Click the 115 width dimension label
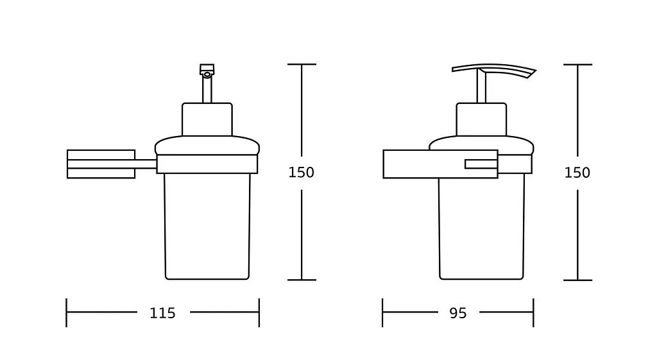[x=162, y=313]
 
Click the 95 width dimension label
[x=458, y=313]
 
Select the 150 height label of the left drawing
[x=302, y=172]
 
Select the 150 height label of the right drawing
[x=577, y=172]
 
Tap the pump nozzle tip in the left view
[x=207, y=70]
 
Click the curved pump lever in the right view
[x=494, y=69]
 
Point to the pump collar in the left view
[x=207, y=119]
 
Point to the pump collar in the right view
[x=481, y=119]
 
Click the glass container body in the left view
[x=207, y=227]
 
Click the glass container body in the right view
[x=481, y=229]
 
